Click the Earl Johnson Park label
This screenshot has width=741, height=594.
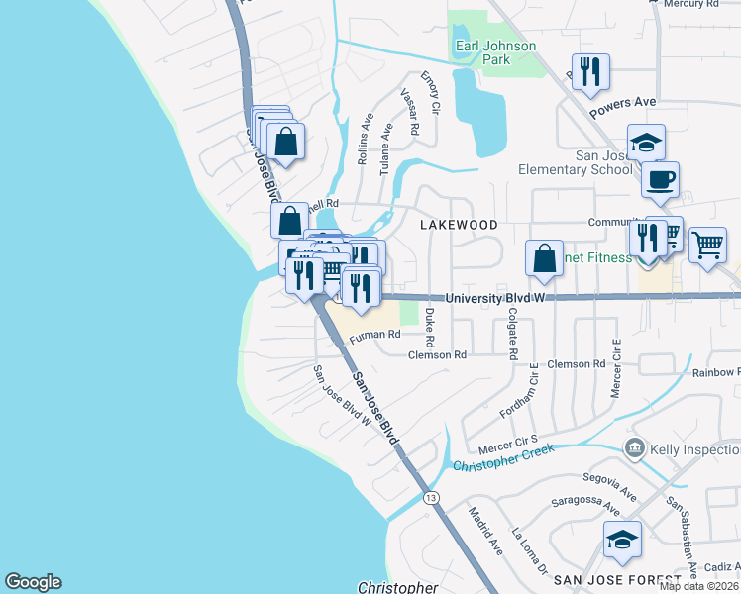[495, 52]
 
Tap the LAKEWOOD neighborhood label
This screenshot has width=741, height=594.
[459, 225]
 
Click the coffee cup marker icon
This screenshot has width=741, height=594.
[660, 181]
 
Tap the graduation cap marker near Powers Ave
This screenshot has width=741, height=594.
[646, 143]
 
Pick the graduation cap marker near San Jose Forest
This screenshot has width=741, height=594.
[622, 540]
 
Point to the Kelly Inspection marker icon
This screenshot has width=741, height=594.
[634, 449]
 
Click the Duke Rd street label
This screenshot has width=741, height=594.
[429, 320]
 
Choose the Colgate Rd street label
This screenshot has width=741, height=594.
[512, 333]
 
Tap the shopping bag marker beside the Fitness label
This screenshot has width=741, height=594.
[544, 259]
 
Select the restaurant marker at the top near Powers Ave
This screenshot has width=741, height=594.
[590, 72]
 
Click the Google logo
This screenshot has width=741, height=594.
[33, 582]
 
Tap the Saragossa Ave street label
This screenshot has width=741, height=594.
[585, 506]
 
